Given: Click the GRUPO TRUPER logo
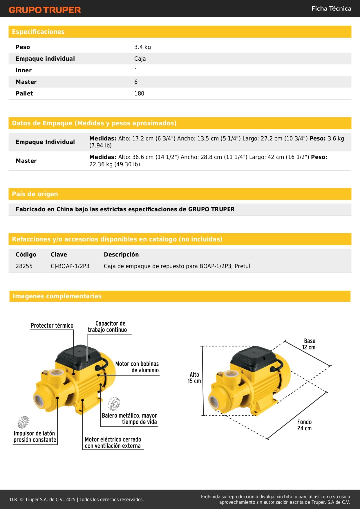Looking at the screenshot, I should click(45, 10).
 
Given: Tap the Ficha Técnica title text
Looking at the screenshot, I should click(331, 8).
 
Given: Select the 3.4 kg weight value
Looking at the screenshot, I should click(142, 47).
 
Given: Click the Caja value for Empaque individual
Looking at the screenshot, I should click(140, 59).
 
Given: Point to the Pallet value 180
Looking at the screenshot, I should click(139, 93).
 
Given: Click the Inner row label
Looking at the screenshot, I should click(23, 70).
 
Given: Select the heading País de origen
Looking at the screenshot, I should click(35, 194).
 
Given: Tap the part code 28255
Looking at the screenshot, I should click(24, 266).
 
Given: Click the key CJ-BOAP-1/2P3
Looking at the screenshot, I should click(70, 266).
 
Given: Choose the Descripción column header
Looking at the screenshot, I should click(121, 255).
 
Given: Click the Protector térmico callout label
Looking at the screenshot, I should click(52, 326).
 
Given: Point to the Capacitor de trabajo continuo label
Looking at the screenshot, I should click(108, 326).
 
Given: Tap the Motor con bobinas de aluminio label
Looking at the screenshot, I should click(137, 367).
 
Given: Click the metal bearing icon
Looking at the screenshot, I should click(114, 404).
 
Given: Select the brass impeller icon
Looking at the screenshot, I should click(23, 422).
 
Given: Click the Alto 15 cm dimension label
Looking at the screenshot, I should click(194, 378).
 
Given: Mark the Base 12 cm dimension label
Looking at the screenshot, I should click(309, 344).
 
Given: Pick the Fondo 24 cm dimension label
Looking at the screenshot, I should click(304, 425).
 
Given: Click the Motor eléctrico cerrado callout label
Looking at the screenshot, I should click(113, 443).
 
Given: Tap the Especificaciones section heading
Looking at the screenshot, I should click(38, 32).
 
